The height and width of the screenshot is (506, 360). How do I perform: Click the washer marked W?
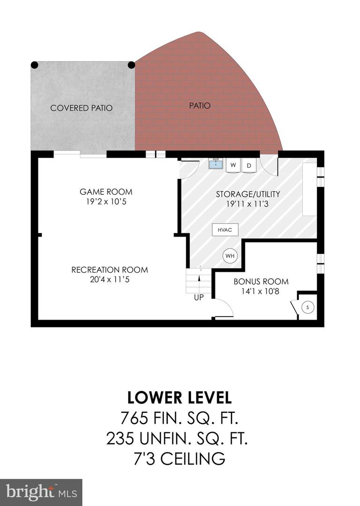click(233, 165)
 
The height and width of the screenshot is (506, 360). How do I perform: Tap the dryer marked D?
click(249, 165)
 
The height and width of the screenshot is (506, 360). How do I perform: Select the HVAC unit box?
click(225, 230)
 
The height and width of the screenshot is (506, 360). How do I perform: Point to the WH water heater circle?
click(230, 256)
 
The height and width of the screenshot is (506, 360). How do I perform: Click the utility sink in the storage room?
click(216, 164)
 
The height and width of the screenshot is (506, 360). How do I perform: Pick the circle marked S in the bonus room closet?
click(308, 307)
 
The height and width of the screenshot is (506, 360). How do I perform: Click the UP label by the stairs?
click(198, 298)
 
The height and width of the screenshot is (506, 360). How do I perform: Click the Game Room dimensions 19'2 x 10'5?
click(106, 202)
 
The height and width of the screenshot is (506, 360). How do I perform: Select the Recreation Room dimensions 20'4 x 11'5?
click(110, 279)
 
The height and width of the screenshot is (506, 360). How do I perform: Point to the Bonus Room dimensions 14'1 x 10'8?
click(260, 291)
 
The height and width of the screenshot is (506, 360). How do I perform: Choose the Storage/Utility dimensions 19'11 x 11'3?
click(248, 204)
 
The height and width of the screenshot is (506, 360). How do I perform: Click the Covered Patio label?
click(81, 108)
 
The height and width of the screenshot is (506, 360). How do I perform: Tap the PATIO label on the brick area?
click(200, 105)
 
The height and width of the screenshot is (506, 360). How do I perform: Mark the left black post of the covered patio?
click(35, 65)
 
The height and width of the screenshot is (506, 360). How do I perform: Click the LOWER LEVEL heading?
click(179, 398)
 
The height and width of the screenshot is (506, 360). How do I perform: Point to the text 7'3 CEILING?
click(179, 459)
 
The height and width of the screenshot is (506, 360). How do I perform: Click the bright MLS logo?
click(41, 493)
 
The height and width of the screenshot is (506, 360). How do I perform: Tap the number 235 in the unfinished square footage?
click(121, 439)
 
